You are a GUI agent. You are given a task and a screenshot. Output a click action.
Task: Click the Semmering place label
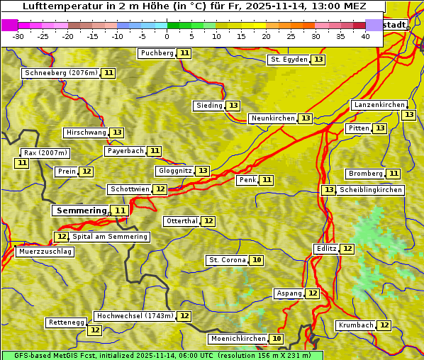tap(80, 210)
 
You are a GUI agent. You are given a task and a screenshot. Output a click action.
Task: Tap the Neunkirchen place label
tap(272, 118)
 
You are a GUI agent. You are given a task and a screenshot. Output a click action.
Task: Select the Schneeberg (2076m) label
tap(60, 73)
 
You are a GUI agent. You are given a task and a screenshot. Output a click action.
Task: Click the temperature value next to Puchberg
tap(184, 53)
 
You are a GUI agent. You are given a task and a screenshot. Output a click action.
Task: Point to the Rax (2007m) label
tap(45, 153)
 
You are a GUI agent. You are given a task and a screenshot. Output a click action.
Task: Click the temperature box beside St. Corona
tap(257, 260)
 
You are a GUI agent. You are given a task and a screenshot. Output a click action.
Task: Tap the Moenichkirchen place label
tap(238, 339)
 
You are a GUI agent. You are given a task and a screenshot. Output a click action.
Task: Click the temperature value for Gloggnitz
tap(203, 171)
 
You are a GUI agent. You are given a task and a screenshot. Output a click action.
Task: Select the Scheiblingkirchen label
tap(371, 190)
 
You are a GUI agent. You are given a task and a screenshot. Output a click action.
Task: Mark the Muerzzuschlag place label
tap(45, 252)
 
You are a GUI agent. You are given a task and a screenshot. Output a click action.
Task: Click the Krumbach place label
tap(355, 325)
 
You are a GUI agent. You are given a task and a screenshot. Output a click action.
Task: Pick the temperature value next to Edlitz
tap(347, 249)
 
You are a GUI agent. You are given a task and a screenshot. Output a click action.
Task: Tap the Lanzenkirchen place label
tap(379, 105)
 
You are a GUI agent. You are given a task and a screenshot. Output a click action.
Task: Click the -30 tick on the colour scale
tap(18, 36)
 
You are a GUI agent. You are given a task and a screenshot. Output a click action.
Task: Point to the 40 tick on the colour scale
tap(365, 36)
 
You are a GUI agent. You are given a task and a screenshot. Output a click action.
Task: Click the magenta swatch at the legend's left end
tap(9, 25)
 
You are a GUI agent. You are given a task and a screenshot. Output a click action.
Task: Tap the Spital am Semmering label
tap(110, 237)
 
